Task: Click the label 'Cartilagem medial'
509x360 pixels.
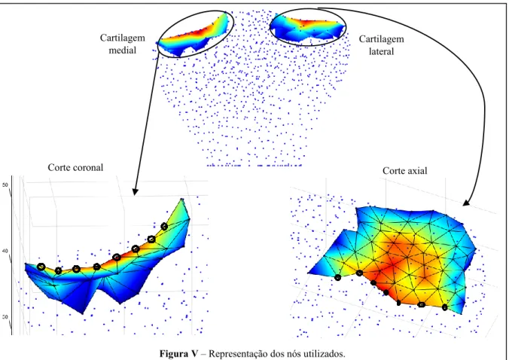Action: point(123,44)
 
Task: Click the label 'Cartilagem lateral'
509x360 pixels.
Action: point(382,45)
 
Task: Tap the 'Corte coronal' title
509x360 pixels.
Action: point(75,167)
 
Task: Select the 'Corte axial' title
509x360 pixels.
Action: point(405,171)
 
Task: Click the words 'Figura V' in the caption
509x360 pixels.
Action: point(178,353)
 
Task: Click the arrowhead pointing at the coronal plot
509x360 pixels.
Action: point(135,191)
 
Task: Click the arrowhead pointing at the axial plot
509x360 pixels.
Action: point(467,203)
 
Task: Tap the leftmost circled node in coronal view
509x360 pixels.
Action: point(41,267)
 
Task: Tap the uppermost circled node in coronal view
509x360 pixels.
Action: point(164,226)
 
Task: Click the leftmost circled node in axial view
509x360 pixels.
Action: point(338,278)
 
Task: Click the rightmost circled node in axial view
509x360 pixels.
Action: point(445,307)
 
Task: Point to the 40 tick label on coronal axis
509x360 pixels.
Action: point(5,251)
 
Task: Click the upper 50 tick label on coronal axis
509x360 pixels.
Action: point(5,185)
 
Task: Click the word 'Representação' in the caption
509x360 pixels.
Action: point(235,353)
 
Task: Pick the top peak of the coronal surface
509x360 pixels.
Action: point(182,199)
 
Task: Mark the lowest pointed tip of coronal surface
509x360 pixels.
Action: point(83,313)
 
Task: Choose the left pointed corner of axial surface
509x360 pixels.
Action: point(308,273)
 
